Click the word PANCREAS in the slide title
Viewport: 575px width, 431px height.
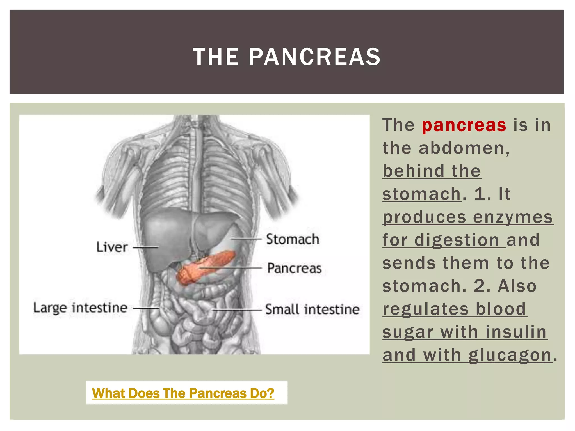click(x=314, y=57)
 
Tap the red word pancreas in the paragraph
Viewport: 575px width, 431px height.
click(x=464, y=125)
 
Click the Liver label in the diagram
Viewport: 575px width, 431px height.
click(x=112, y=247)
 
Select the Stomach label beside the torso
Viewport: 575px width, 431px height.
click(x=293, y=239)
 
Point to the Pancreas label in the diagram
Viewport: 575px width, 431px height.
click(x=294, y=268)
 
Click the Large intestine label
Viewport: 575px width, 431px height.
click(x=80, y=308)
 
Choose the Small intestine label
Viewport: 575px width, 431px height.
click(x=312, y=310)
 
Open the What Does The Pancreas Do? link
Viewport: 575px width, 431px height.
click(x=183, y=393)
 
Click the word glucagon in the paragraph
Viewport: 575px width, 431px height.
click(x=510, y=355)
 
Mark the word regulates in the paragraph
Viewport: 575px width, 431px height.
click(x=426, y=309)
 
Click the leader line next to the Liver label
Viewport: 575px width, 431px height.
click(x=146, y=247)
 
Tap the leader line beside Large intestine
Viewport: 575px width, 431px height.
click(x=146, y=308)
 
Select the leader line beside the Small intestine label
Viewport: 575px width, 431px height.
click(x=237, y=310)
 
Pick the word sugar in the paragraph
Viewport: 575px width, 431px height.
click(x=408, y=332)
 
